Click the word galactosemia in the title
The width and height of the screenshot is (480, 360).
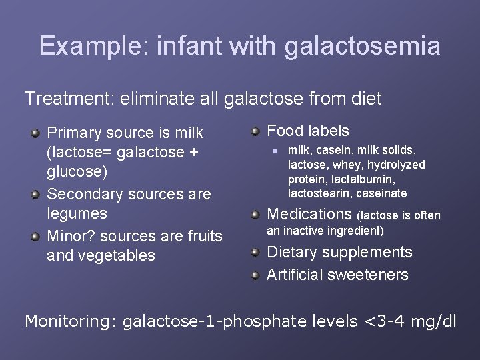(362, 46)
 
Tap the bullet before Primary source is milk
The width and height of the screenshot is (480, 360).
(35, 133)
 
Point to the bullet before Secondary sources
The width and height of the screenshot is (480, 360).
(35, 195)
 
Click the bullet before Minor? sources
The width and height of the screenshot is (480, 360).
(35, 236)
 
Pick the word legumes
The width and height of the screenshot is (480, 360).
(77, 213)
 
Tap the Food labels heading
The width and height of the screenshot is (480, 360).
(307, 131)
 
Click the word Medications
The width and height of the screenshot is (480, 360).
(309, 214)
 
